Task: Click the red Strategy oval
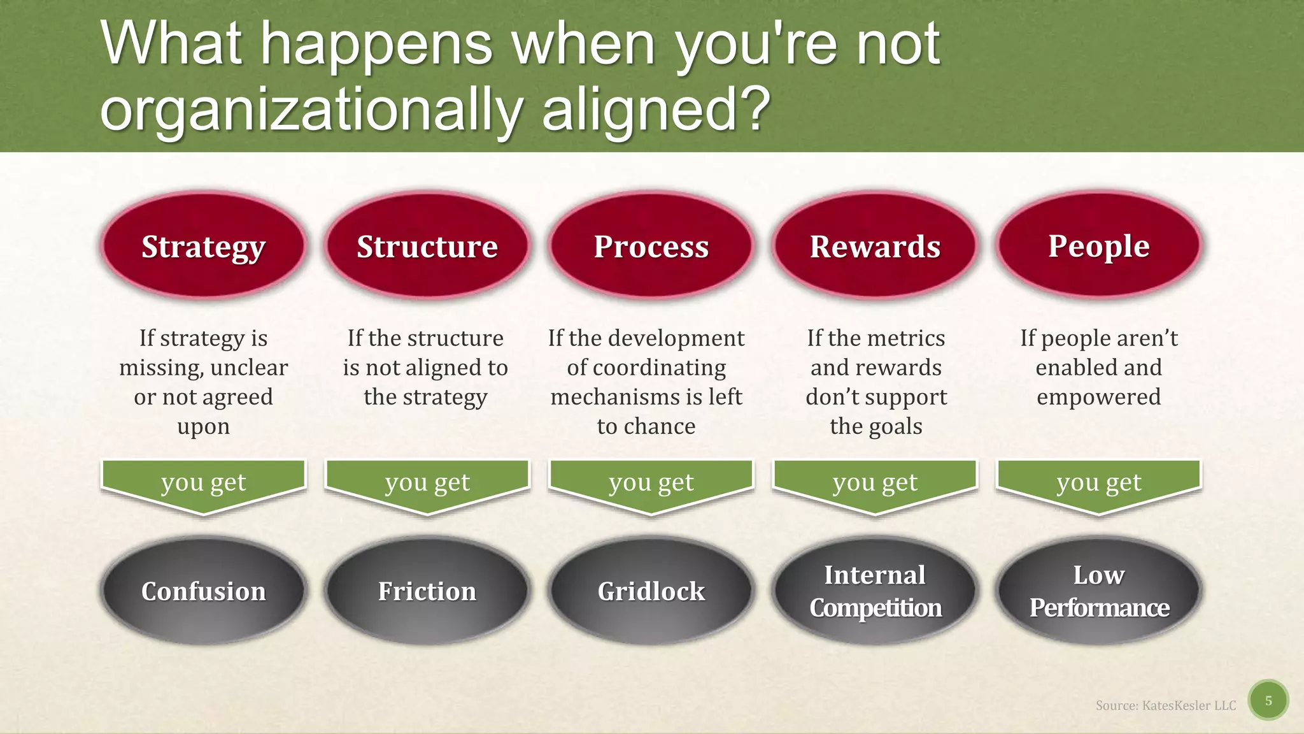[x=203, y=246]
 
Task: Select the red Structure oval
[x=427, y=246]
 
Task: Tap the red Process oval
[x=651, y=246]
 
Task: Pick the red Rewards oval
[x=875, y=246]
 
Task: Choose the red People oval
[x=1099, y=246]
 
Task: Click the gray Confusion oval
[x=203, y=591]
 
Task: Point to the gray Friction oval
[x=427, y=591]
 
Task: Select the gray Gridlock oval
[x=651, y=591]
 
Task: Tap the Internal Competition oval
[x=875, y=591]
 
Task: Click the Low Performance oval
[x=1099, y=591]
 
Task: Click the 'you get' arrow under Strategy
[x=203, y=483]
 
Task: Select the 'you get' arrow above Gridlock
[x=651, y=483]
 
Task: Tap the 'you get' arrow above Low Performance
[x=1099, y=483]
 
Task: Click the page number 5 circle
[x=1268, y=701]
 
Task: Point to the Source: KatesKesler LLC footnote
[x=1165, y=705]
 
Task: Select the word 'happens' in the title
[x=376, y=45]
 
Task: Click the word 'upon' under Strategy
[x=203, y=426]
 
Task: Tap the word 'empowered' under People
[x=1099, y=397]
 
